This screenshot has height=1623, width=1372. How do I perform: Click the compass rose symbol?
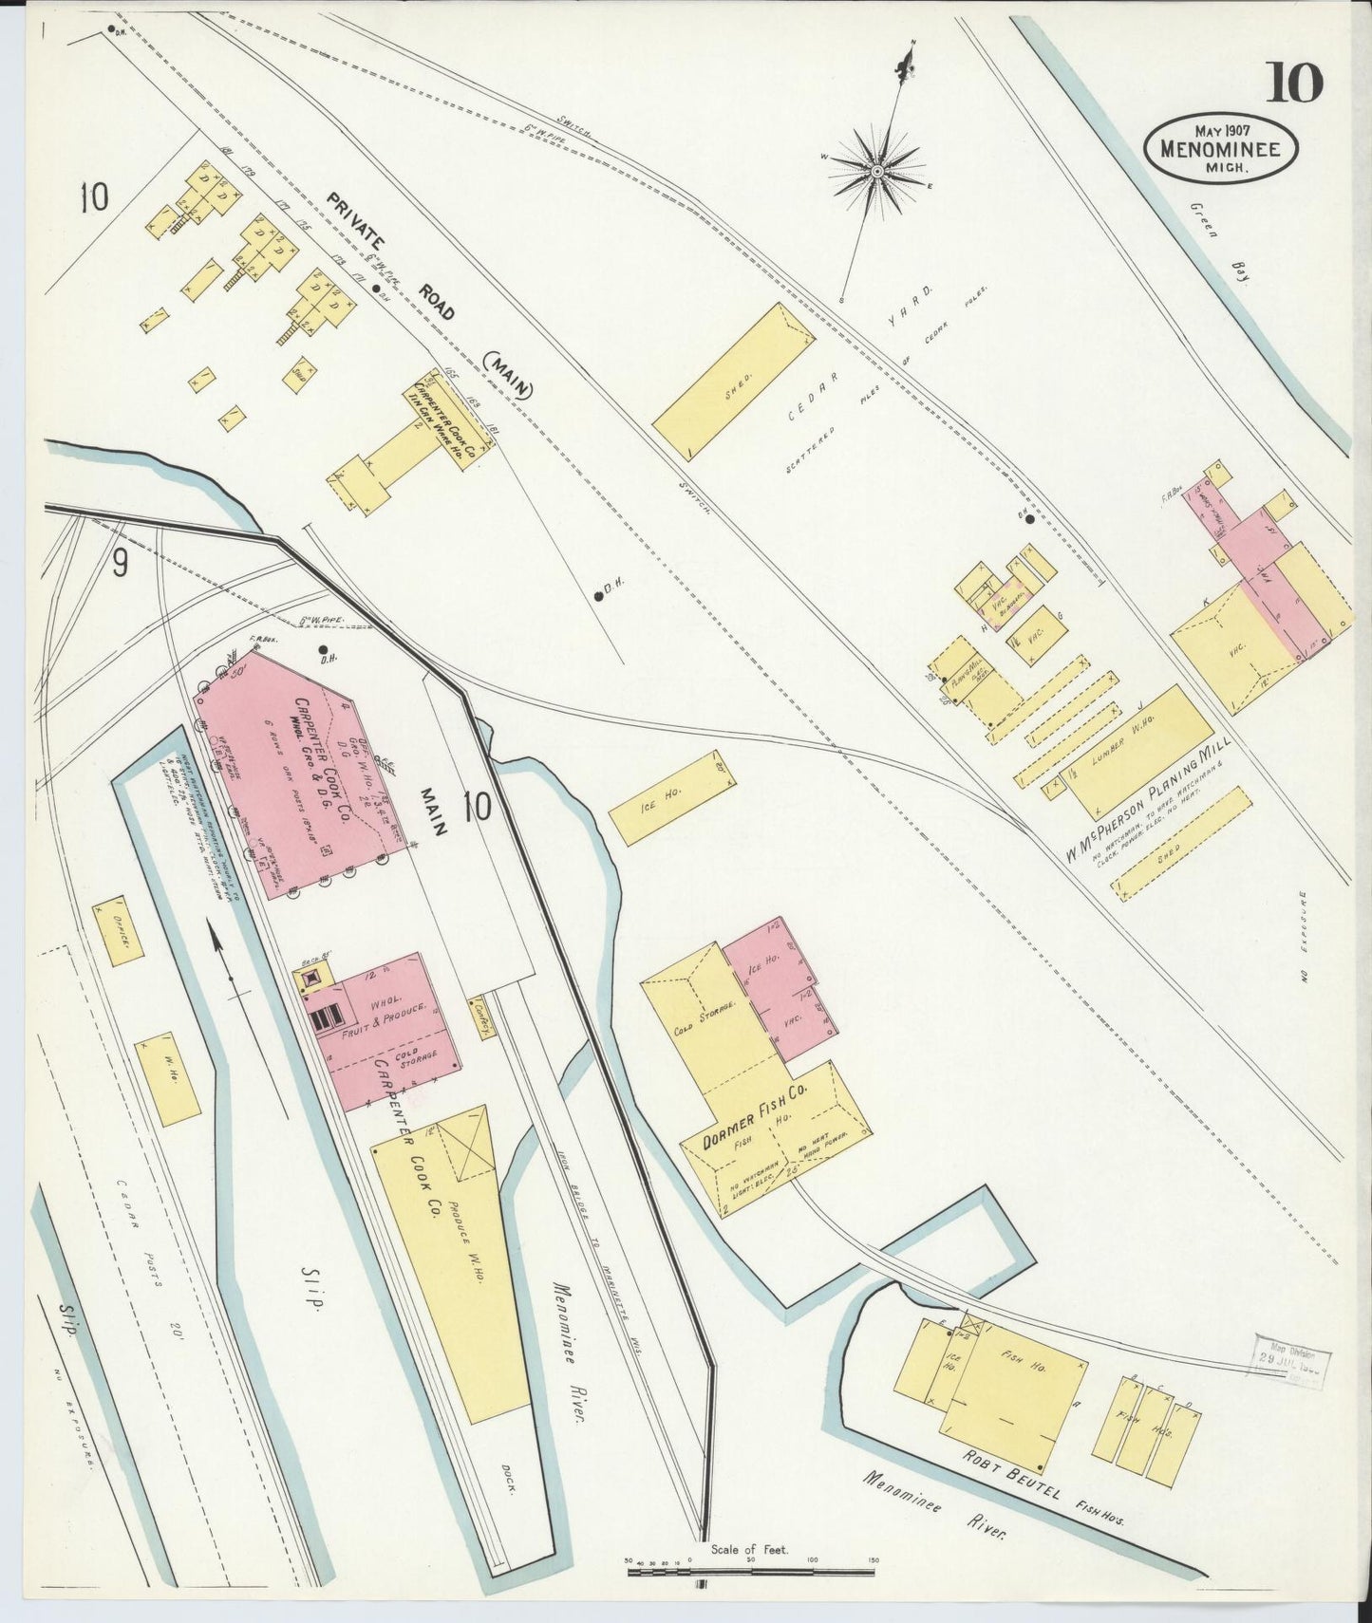tap(878, 171)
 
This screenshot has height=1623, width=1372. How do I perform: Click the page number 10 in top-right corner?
tap(1292, 84)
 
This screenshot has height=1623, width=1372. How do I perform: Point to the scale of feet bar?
tap(750, 1573)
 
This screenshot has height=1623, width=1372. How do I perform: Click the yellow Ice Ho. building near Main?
tap(673, 797)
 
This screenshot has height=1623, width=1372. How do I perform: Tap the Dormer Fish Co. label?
tap(755, 1118)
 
